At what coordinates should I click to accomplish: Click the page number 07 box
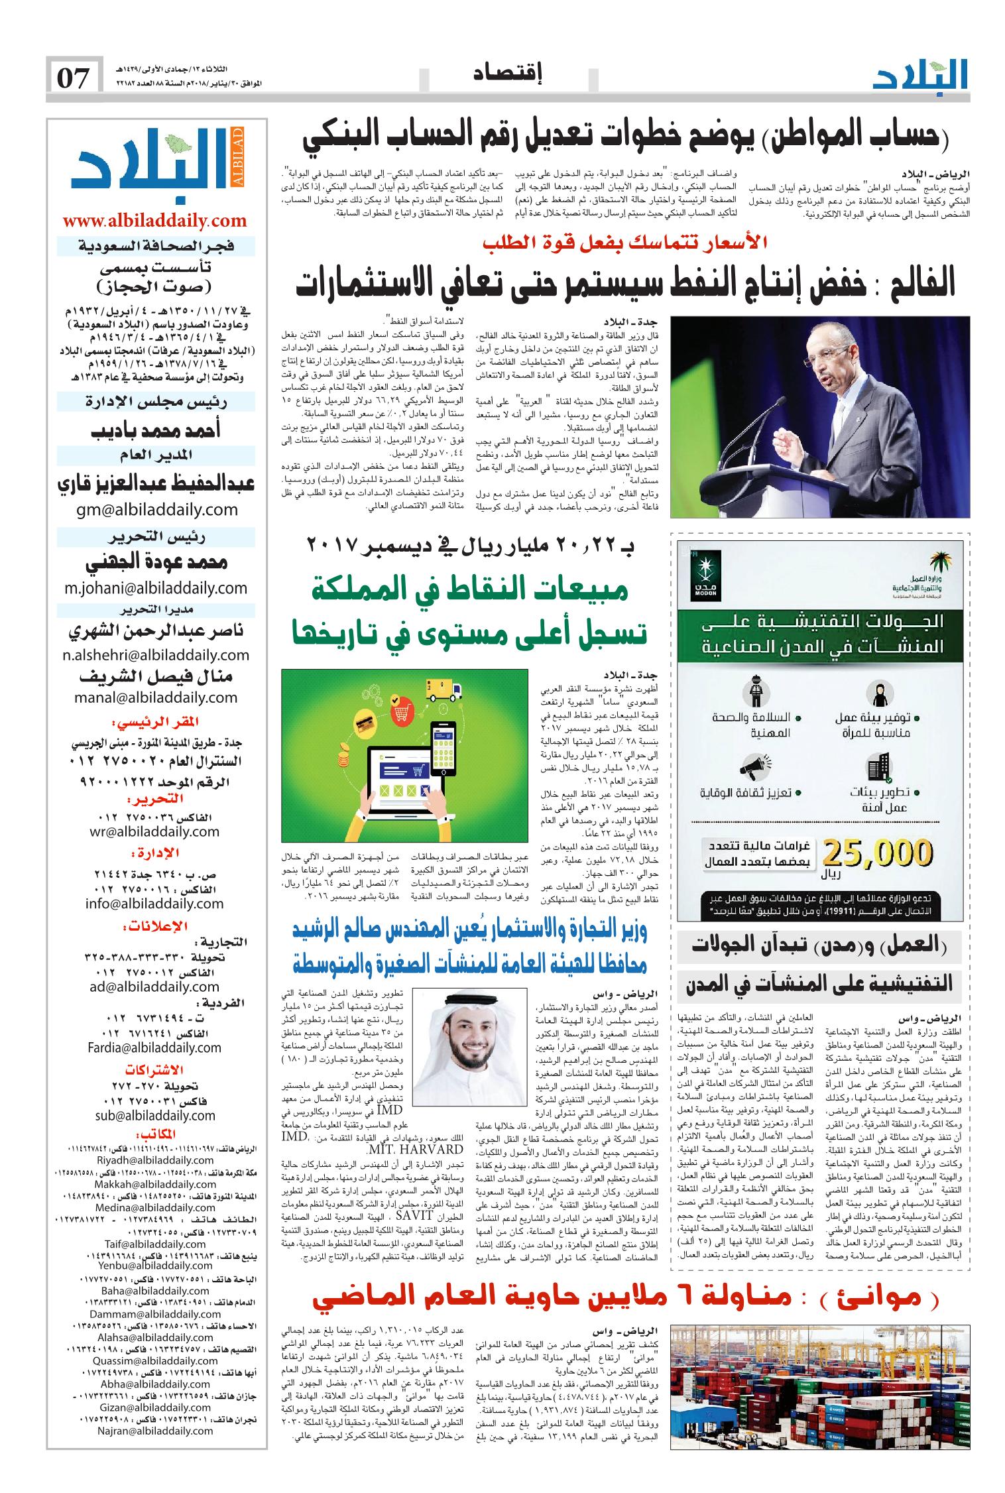[x=74, y=78]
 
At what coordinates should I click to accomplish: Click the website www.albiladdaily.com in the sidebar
[x=154, y=220]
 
